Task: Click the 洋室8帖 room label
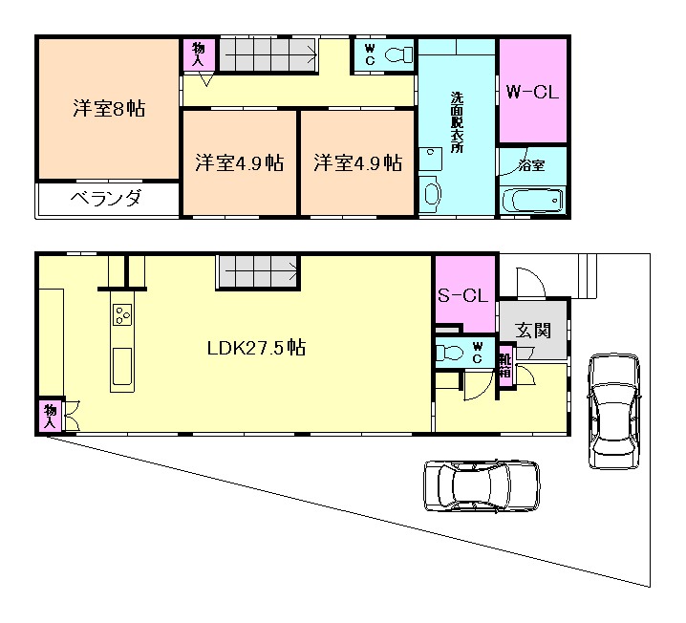pos(109,109)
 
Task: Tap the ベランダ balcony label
pos(106,199)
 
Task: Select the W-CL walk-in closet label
pos(532,93)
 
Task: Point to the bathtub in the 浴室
pos(532,201)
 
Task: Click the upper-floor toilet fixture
pos(398,55)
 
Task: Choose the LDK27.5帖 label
pos(256,348)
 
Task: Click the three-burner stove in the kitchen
pos(122,314)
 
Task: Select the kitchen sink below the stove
pos(122,367)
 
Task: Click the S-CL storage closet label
pos(462,296)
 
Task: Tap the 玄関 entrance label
pos(532,331)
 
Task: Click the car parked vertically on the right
pos(614,411)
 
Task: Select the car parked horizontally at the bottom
pos(482,485)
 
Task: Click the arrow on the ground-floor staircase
pos(261,271)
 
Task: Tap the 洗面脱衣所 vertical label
pos(457,122)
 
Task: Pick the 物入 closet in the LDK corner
pos(51,417)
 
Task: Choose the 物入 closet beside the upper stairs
pos(199,54)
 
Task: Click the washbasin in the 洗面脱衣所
pos(431,191)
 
